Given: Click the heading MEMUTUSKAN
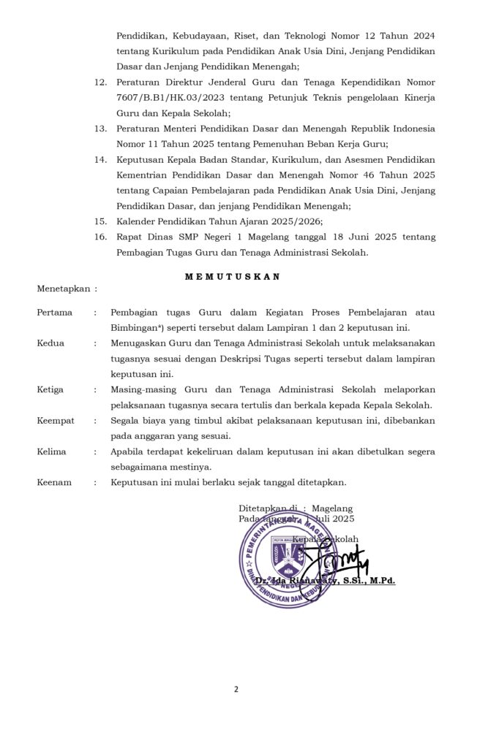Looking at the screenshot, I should coord(232,277).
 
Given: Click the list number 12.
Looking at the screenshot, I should coord(101,83).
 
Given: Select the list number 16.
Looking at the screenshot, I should coord(101,237).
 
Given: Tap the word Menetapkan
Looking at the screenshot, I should coord(64,289).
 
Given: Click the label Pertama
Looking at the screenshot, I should coord(55,313).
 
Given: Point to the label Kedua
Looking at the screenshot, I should coord(50,343).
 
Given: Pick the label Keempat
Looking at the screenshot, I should coord(56,421).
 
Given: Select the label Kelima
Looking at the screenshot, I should coord(51,451).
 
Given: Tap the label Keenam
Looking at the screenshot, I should coord(53,482).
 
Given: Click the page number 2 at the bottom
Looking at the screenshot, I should coord(236,689).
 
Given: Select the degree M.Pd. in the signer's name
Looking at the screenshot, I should coord(380,581).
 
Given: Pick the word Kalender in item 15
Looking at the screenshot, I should coord(136,221).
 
